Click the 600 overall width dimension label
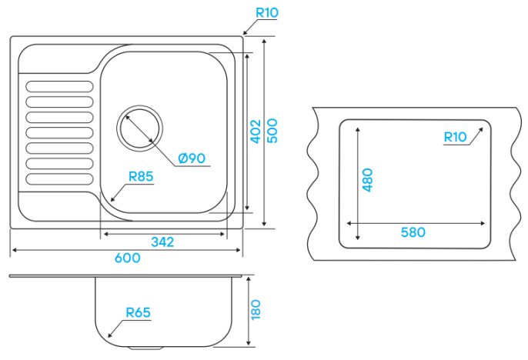pos(127,258)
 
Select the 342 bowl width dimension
pos(162,242)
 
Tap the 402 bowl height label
pos(256,132)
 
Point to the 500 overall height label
pos(272,131)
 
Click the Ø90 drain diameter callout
pos(192,158)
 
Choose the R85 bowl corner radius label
pos(141,176)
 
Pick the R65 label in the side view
pos(138,312)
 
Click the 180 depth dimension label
pos(256,309)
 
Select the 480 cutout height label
pos(367,180)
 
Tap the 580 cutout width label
pos(413,232)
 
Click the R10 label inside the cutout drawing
pos(456,137)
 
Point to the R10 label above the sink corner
pos(267,13)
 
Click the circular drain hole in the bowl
pos(139,128)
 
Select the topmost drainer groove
pos(59,86)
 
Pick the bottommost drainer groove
pos(59,179)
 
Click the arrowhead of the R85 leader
pos(113,199)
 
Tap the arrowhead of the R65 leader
pos(110,335)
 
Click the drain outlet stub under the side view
pos(145,348)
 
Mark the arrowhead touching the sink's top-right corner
pos(245,32)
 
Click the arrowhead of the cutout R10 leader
pos(480,130)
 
